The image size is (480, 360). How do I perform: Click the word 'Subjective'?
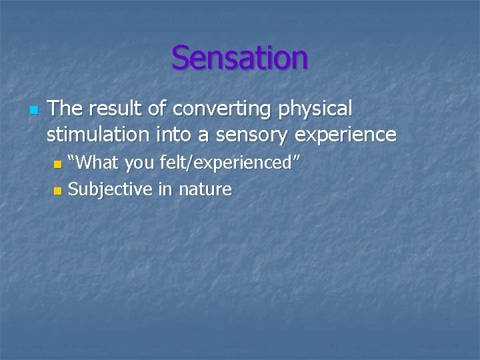(110, 190)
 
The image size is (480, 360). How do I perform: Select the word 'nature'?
(203, 190)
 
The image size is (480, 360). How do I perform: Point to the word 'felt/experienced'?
(237, 163)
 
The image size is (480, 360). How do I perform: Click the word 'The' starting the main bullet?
(64, 108)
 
